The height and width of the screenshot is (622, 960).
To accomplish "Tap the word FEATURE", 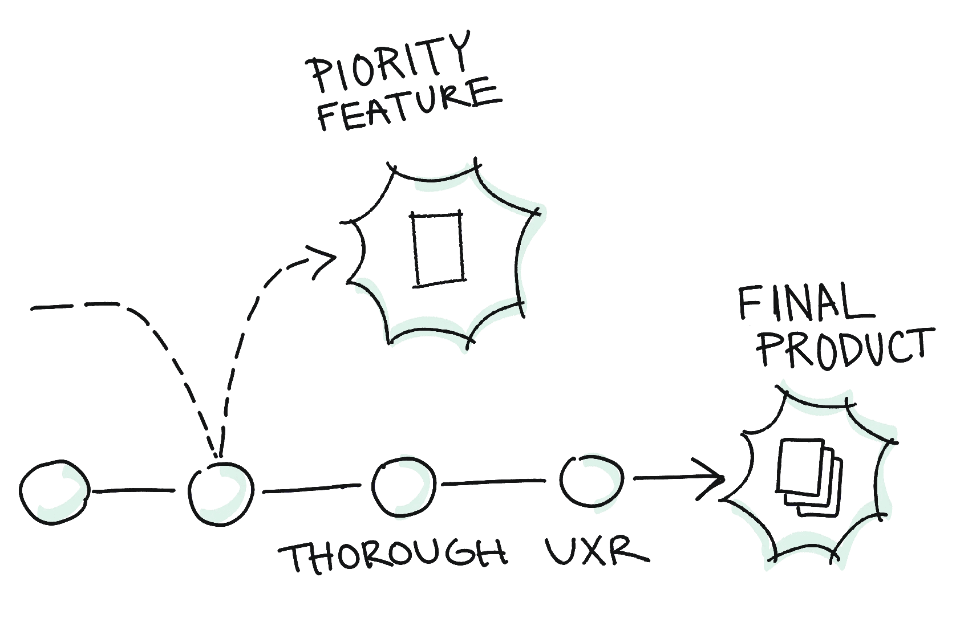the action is [x=408, y=105].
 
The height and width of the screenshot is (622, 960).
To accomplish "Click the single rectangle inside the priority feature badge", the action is [x=438, y=249].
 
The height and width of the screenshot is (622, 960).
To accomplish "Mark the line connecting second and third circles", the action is [x=311, y=489].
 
